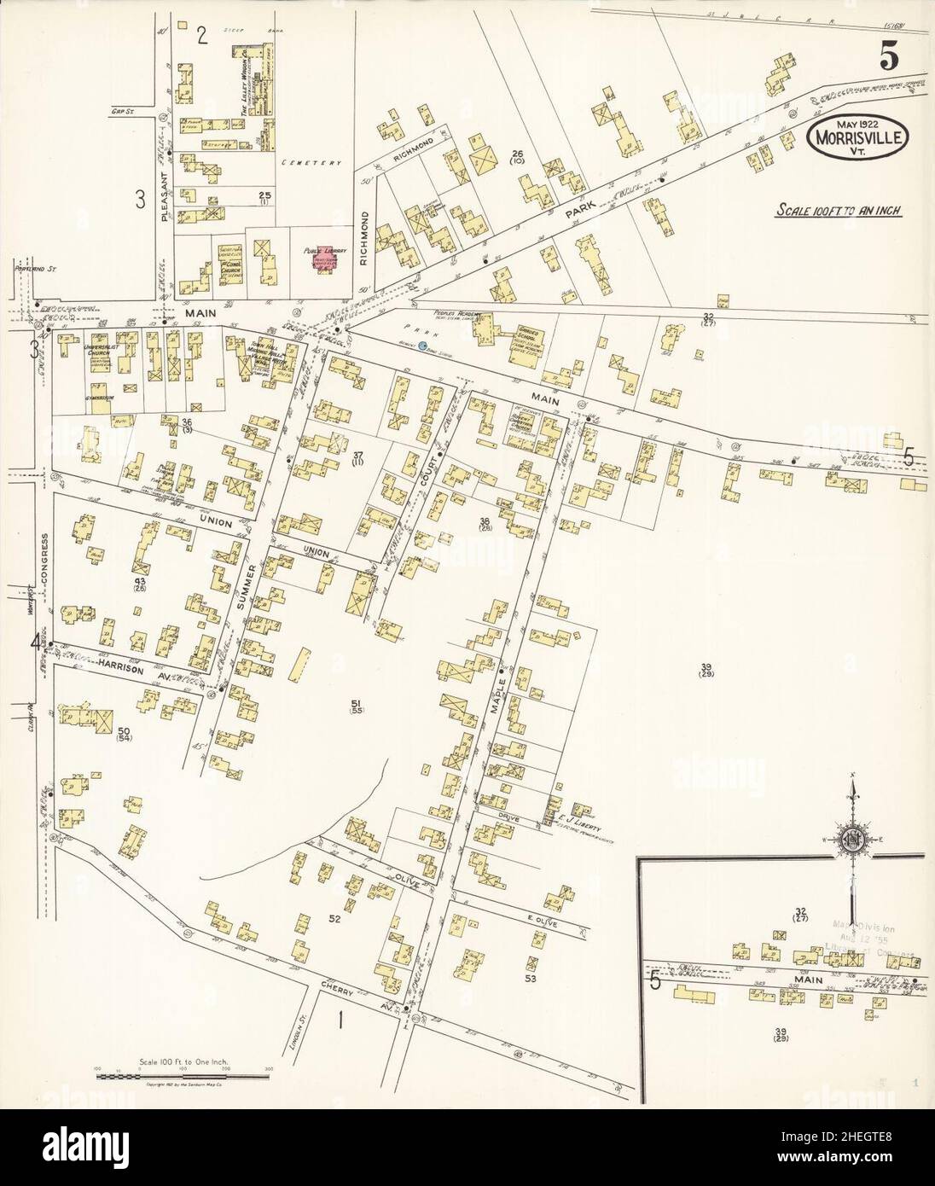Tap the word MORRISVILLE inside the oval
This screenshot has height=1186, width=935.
859,136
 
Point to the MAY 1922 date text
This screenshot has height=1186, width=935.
858,117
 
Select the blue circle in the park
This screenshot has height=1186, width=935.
422,346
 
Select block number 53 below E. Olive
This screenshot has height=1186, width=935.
530,979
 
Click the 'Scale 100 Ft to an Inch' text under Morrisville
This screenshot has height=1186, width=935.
839,211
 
